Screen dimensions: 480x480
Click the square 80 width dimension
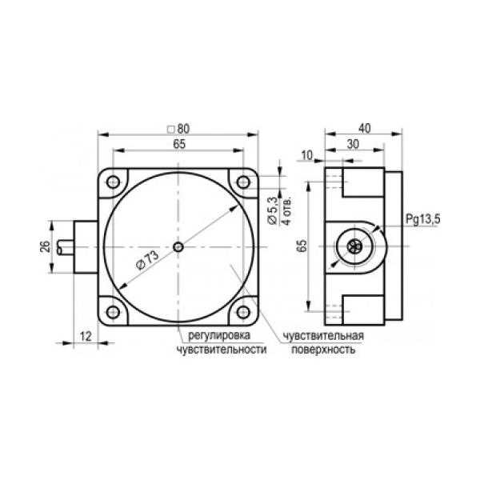(x=179, y=129)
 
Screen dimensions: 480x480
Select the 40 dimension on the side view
(x=364, y=128)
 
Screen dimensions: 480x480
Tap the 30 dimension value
(x=353, y=144)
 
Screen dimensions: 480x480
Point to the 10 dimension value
(x=307, y=155)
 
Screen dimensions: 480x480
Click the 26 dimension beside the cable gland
(x=45, y=246)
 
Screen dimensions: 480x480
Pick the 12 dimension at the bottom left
(x=86, y=337)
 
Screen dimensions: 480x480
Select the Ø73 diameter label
(x=147, y=260)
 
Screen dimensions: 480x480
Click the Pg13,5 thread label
(x=423, y=219)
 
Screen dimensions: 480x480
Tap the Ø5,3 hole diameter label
(x=272, y=211)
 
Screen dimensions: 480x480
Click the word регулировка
(x=219, y=335)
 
